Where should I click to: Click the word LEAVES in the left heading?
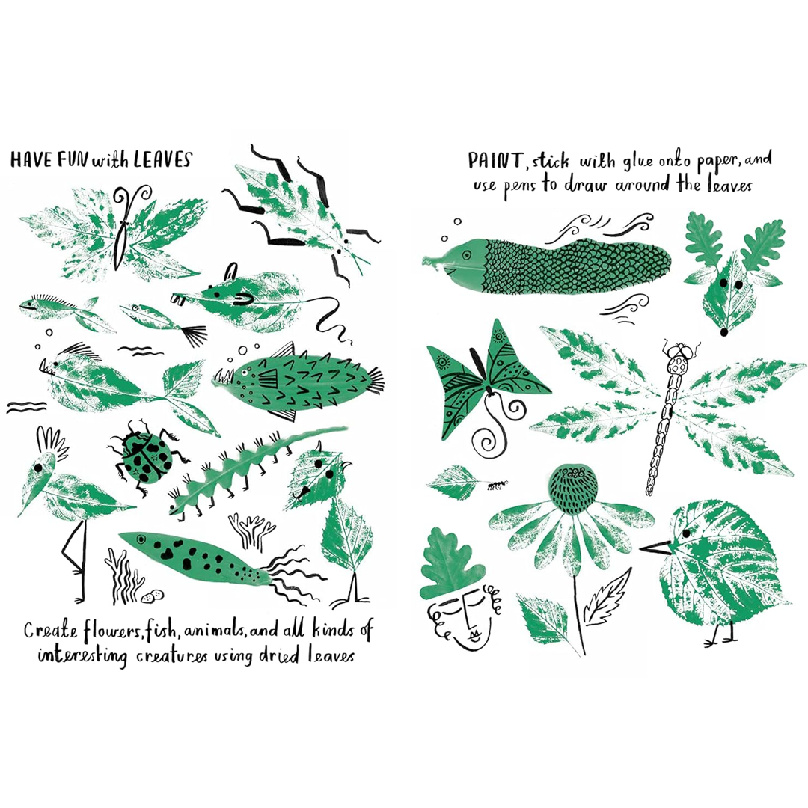tap(162, 159)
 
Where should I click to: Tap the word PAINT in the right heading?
tap(495, 161)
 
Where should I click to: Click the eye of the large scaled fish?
tap(467, 254)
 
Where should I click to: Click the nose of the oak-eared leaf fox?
tap(724, 332)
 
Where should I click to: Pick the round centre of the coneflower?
tap(572, 489)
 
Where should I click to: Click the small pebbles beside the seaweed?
tap(153, 596)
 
